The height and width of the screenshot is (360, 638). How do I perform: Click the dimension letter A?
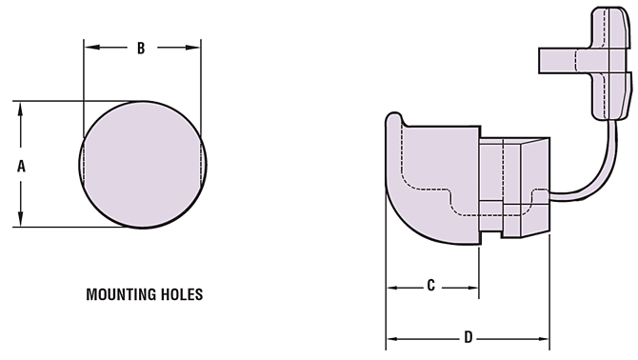point(21,165)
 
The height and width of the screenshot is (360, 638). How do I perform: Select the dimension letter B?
point(141,48)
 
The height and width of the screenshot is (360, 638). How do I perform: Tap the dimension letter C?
point(430,285)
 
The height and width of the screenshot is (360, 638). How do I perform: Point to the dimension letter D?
point(468,337)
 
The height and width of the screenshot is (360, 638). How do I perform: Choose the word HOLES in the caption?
point(182,295)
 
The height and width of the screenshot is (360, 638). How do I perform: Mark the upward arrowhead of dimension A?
point(21,107)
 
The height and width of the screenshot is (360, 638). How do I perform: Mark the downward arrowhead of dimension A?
point(21,221)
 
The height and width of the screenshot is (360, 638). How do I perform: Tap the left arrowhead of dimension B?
point(90,48)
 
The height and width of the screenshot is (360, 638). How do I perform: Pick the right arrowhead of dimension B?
point(195,48)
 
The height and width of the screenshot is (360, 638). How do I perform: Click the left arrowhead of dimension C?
point(390,285)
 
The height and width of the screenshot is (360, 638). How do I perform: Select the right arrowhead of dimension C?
point(473,285)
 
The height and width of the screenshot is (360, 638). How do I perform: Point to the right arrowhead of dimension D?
point(546,337)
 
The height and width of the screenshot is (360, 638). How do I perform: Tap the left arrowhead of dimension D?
point(390,337)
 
